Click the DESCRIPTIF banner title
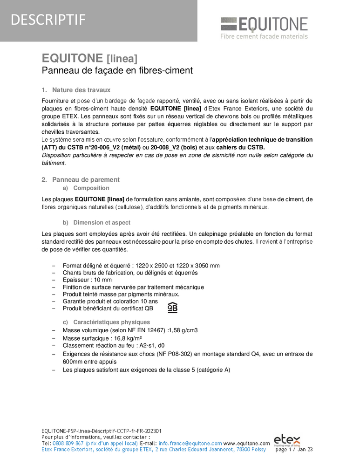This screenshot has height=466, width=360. click(48, 20)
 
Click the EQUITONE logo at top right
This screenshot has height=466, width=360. click(264, 24)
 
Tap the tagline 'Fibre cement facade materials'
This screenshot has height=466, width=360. click(264, 36)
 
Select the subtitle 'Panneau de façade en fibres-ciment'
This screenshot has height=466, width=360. click(117, 70)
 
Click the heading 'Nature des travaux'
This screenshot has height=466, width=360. click(81, 90)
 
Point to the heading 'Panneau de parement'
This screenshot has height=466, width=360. click(86, 179)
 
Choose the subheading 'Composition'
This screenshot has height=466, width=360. click(91, 188)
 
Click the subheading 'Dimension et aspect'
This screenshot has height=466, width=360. click(102, 223)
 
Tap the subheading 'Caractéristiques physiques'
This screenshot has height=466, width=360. click(112, 322)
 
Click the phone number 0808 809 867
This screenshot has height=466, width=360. click(69, 443)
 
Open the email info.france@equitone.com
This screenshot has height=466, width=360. click(190, 443)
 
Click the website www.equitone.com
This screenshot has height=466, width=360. click(247, 443)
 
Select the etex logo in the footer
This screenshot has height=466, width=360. click(287, 439)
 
